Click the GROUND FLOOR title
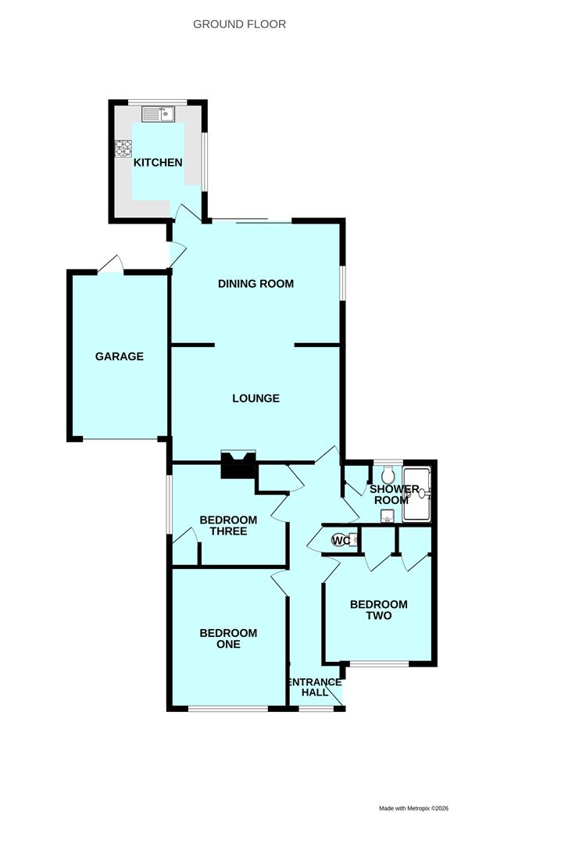(239, 24)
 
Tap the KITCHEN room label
(158, 163)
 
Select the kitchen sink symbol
(158, 114)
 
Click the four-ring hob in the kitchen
(123, 148)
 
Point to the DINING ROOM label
(256, 284)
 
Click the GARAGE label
(120, 356)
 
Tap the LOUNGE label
(256, 399)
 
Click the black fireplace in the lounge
(238, 464)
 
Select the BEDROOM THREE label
(228, 525)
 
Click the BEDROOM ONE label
(228, 638)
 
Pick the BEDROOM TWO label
(379, 610)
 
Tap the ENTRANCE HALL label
(316, 688)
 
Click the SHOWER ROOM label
(394, 494)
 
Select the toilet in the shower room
(387, 474)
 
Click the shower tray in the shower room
(417, 494)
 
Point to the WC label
(341, 540)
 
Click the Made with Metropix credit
(414, 808)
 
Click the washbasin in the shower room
(386, 517)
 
